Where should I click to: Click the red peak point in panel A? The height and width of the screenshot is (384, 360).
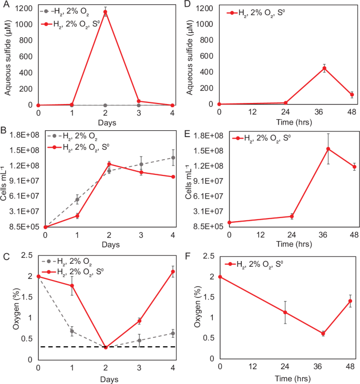pos(106,12)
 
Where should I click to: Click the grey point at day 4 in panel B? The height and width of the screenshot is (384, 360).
pos(173,158)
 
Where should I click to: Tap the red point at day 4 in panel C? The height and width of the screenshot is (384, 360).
pos(173,272)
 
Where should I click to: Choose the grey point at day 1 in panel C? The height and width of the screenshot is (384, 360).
pos(72,331)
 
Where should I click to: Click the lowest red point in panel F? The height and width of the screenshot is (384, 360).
pos(323,334)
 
